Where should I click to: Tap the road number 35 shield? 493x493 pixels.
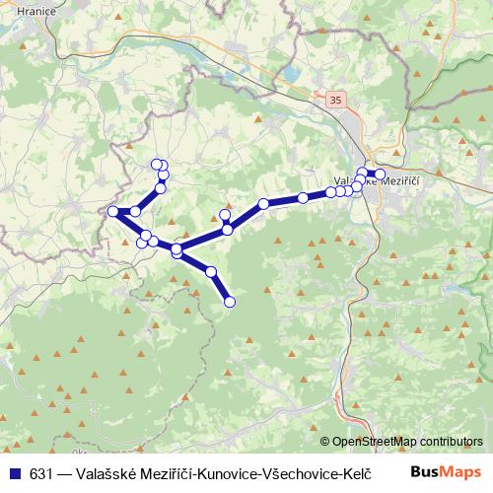(x=337, y=101)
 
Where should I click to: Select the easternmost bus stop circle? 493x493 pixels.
(x=380, y=175)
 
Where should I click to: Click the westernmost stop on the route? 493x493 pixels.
(x=112, y=211)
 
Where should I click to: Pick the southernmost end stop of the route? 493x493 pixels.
(x=230, y=302)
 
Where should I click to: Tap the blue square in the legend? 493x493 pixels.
(x=14, y=471)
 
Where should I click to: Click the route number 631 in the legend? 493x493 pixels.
(x=41, y=471)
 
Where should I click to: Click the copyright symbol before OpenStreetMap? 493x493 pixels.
(x=325, y=442)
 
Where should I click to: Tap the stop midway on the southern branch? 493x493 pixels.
(x=210, y=271)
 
